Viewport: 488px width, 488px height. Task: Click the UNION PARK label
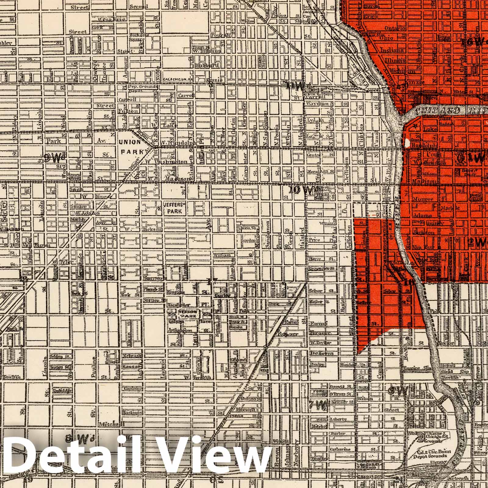point(130,146)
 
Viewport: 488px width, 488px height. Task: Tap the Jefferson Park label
point(172,208)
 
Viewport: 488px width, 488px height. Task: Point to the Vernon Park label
point(188,314)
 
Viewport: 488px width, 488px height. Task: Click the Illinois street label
point(395,60)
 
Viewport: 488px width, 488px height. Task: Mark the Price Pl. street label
point(320,240)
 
